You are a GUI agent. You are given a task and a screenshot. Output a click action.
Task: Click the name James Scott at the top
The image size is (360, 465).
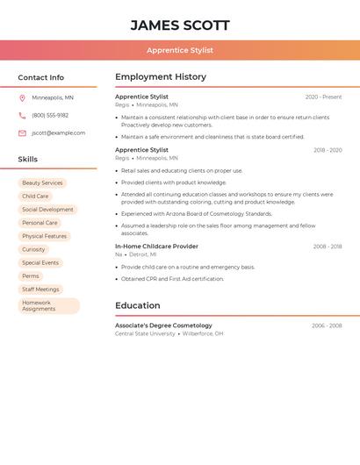pos(180,25)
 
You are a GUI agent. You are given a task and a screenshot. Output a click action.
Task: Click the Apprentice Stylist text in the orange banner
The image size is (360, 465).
pos(180,50)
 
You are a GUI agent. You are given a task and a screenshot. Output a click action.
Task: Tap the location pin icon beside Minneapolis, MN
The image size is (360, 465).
pos(22,97)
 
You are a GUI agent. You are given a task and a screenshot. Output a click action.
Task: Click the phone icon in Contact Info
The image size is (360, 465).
pos(22,115)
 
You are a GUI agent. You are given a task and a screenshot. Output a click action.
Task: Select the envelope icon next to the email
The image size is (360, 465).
pos(22,132)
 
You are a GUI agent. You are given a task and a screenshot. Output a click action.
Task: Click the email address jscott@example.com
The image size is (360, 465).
pos(58,132)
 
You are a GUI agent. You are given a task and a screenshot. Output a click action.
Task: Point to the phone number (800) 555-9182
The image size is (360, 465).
pos(50,115)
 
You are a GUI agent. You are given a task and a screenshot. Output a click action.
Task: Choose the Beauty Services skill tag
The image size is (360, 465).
pos(42,182)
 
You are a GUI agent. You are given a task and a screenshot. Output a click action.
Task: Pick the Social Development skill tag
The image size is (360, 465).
pos(47,210)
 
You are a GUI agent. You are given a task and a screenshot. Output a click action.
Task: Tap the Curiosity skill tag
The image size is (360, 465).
pos(33,249)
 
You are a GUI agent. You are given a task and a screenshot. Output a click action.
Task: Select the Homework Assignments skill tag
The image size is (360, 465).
pos(48,305)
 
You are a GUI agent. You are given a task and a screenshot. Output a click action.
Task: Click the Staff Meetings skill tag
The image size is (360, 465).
pos(40,289)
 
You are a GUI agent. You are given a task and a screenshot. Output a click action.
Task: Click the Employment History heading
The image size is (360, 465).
pos(161,77)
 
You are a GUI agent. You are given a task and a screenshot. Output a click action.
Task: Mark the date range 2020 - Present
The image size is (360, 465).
pos(323,97)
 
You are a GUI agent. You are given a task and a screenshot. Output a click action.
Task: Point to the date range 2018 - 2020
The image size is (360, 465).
pos(328,150)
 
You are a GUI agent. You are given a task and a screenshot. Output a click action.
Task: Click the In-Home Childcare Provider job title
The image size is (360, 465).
pos(156,247)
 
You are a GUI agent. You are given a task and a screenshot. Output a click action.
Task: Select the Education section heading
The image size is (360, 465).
pos(138,305)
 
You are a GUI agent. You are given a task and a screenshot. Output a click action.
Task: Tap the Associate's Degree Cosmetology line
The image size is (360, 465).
pos(163,325)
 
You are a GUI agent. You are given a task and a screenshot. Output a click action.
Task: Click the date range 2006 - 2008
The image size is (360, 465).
pos(327,325)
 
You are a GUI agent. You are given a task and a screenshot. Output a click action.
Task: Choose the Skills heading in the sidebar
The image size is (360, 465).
pos(28,159)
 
